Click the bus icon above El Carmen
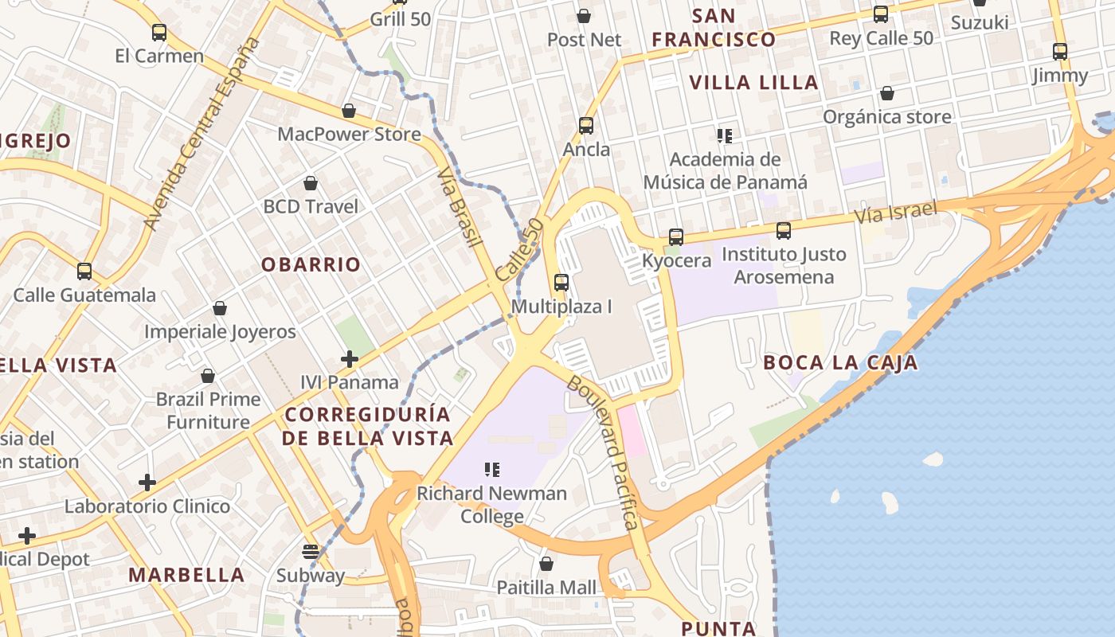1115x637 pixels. click(x=159, y=33)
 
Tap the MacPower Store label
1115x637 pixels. click(x=349, y=134)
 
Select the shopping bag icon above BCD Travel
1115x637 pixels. click(x=311, y=184)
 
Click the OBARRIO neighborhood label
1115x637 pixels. click(x=311, y=264)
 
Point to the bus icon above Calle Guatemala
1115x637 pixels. click(x=84, y=272)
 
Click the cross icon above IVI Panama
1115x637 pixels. click(x=349, y=360)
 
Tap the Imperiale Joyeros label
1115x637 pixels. click(x=220, y=331)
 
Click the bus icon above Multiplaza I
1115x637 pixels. click(x=561, y=283)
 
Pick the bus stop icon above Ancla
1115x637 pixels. click(x=586, y=126)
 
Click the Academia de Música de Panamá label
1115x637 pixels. click(x=725, y=170)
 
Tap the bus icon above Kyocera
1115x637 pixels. click(x=676, y=237)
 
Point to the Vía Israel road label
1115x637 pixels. click(x=895, y=213)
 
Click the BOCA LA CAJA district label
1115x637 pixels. click(x=840, y=363)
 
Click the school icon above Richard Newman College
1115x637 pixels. click(x=492, y=470)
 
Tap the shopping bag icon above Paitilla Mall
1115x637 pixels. click(x=546, y=565)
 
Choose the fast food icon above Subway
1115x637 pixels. click(x=311, y=552)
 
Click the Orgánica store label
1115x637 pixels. click(x=886, y=117)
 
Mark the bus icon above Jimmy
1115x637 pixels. click(x=1060, y=52)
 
